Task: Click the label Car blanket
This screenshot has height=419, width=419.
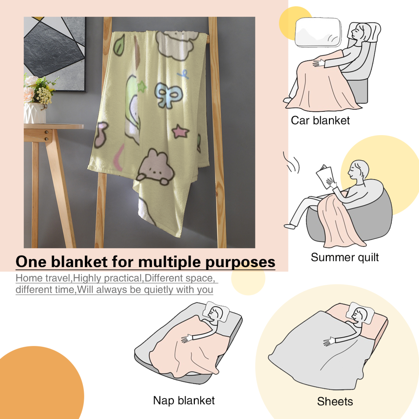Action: click(320, 121)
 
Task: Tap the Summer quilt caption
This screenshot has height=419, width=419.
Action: click(345, 257)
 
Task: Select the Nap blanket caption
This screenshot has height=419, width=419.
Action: click(184, 400)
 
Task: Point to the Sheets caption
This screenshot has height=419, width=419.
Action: click(335, 401)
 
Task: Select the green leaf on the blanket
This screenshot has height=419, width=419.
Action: click(119, 45)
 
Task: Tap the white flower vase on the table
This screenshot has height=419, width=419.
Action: click(35, 113)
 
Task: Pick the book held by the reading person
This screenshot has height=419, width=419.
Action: click(324, 176)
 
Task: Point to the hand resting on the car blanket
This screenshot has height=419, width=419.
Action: click(318, 63)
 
